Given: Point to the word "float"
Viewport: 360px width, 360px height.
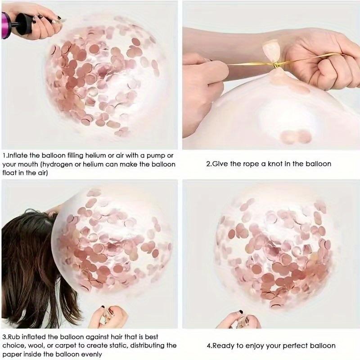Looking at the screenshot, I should point(10,173).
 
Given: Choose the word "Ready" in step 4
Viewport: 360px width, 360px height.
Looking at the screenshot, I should point(223,346).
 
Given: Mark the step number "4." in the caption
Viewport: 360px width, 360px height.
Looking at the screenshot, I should point(209,346).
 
